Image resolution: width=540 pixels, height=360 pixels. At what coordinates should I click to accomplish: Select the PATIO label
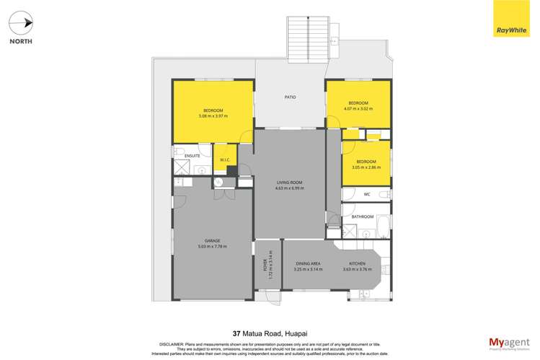click(290, 97)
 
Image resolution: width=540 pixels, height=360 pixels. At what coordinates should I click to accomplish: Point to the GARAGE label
click(212, 240)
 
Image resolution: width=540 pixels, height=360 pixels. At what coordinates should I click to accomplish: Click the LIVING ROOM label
click(290, 183)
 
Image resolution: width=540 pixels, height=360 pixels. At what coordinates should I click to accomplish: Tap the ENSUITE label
click(192, 156)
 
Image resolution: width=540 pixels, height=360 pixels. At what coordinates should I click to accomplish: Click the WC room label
click(366, 194)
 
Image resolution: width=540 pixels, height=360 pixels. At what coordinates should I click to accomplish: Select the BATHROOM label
click(363, 216)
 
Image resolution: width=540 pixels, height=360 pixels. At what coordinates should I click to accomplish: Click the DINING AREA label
click(308, 264)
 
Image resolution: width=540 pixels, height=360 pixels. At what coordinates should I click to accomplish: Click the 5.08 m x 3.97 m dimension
click(213, 116)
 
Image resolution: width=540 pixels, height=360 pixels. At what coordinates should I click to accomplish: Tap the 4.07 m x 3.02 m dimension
click(358, 110)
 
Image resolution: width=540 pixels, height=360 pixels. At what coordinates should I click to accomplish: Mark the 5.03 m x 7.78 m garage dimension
click(212, 247)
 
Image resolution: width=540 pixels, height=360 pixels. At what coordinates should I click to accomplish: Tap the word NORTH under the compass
click(21, 41)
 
